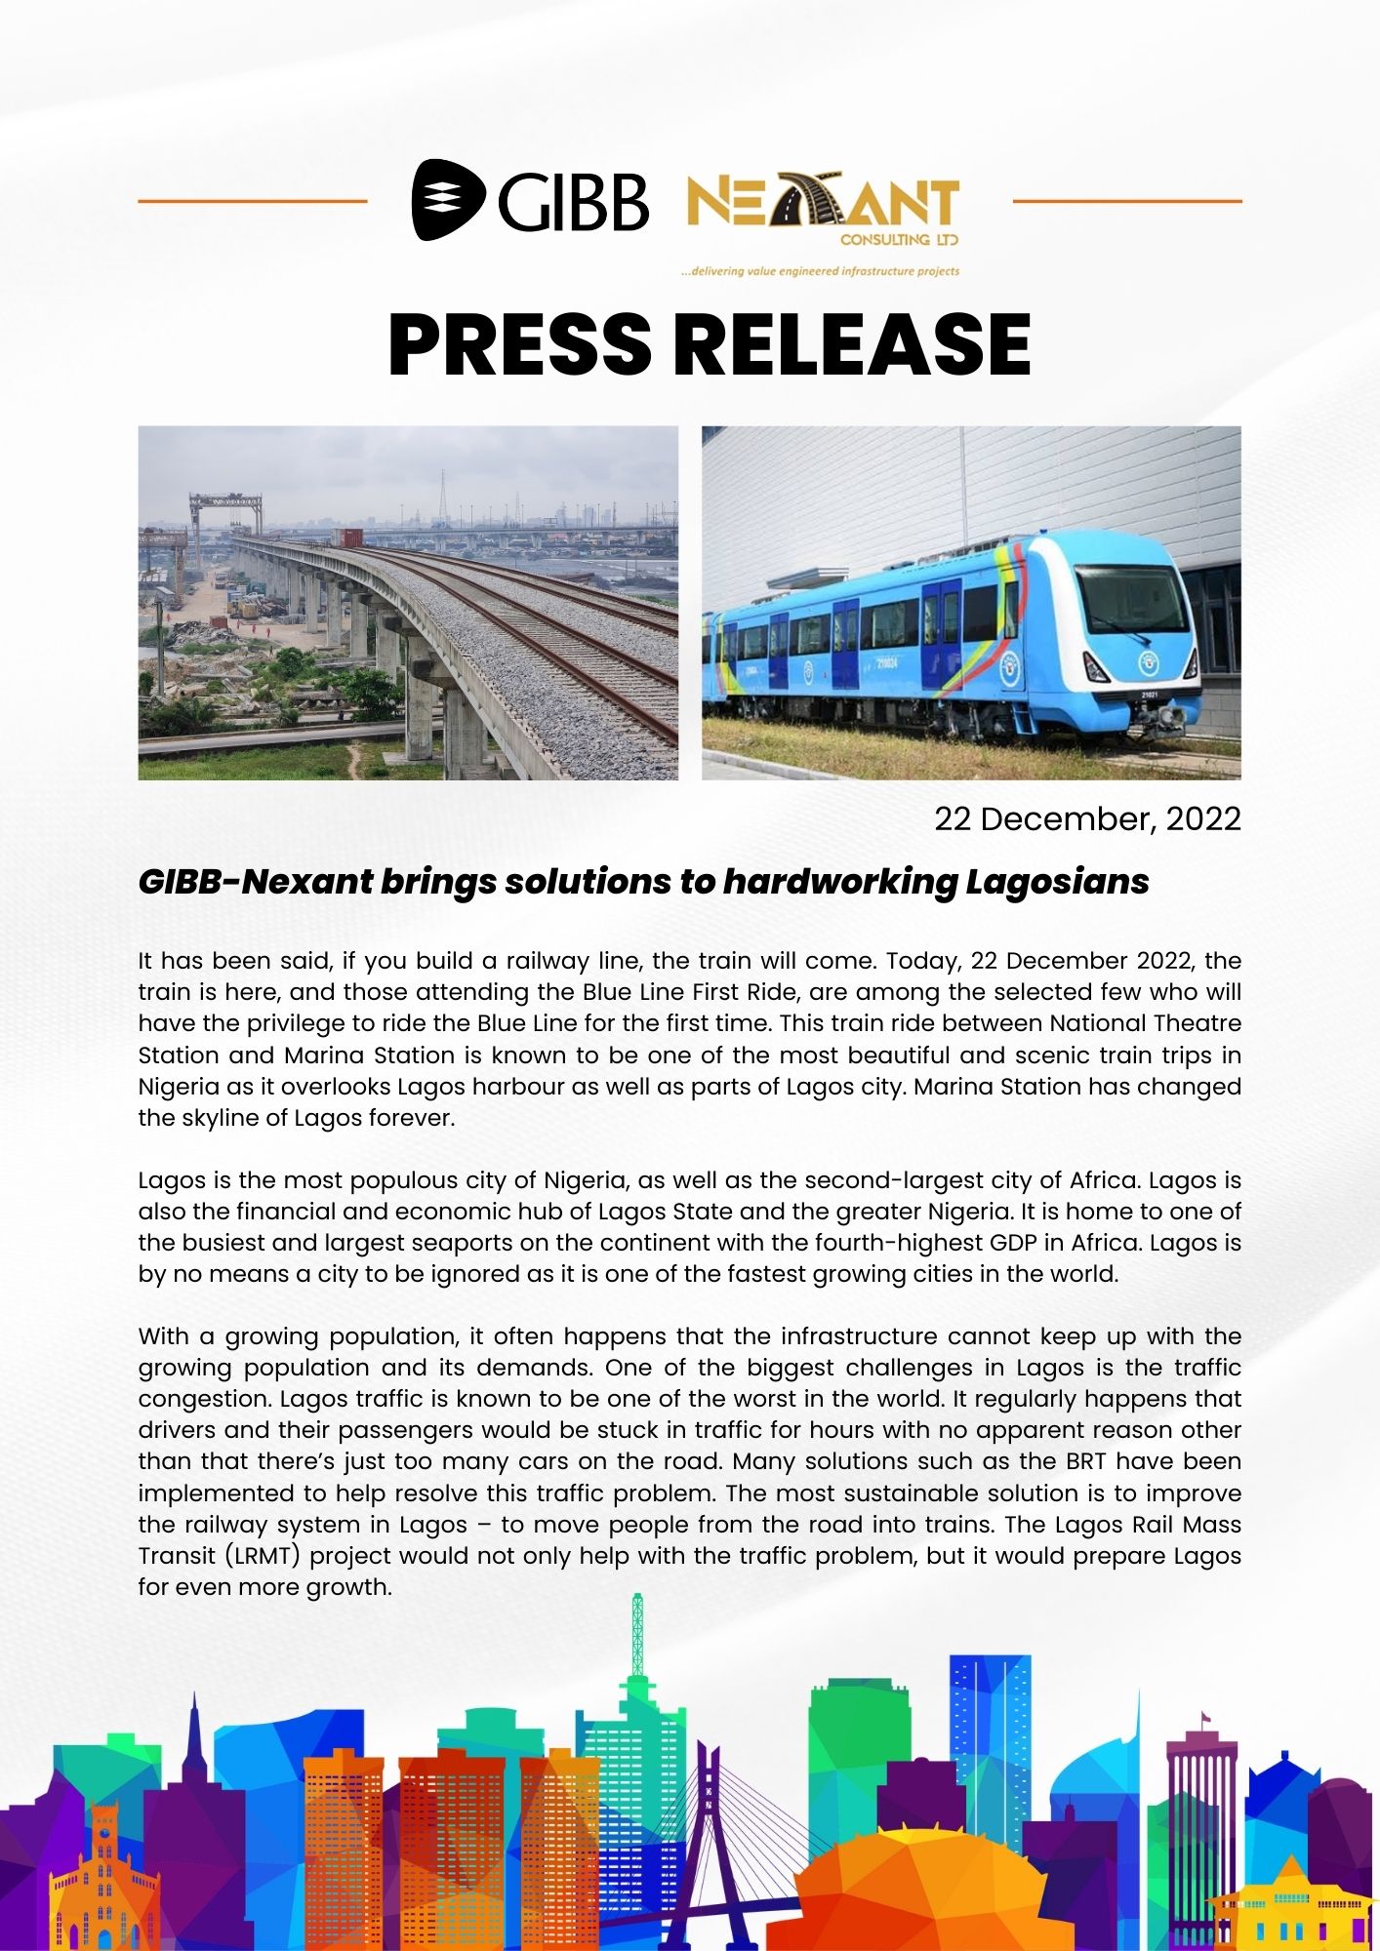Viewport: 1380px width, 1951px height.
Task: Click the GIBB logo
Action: coord(530,200)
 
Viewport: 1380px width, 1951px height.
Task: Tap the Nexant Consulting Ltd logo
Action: coord(823,210)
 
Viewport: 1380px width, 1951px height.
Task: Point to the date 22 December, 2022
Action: coord(1087,818)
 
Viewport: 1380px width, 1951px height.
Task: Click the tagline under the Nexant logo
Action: coord(820,271)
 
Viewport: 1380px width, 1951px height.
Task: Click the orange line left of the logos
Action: coord(252,202)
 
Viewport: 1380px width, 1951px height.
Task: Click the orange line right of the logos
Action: coord(1127,202)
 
